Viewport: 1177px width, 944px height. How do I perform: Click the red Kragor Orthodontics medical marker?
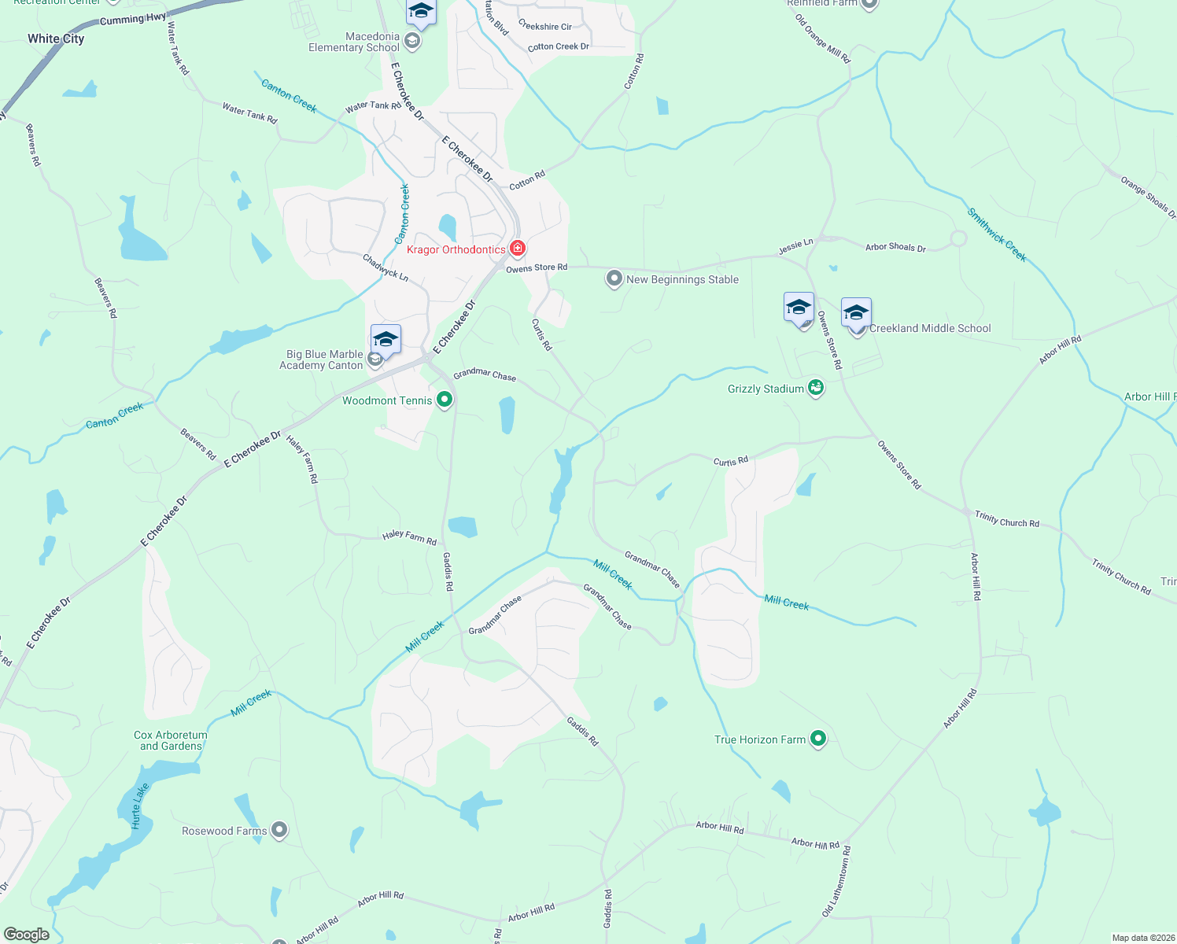coord(518,249)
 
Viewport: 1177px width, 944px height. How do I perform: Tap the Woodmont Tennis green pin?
coord(445,400)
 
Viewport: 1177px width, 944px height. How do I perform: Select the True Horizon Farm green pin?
coord(818,739)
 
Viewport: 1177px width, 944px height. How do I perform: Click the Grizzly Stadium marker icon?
coord(816,388)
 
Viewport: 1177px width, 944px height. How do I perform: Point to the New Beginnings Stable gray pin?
coord(614,278)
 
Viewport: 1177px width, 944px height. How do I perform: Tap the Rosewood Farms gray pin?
coord(279,830)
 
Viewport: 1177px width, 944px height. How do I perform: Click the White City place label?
coord(56,39)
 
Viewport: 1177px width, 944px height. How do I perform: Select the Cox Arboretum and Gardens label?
coord(171,740)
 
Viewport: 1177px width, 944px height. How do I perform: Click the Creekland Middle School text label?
coord(930,328)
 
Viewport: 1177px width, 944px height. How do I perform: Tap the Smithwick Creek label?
coord(997,234)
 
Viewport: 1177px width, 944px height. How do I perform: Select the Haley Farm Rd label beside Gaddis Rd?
coord(409,537)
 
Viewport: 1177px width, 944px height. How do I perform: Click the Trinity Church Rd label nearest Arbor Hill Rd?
coord(1007,519)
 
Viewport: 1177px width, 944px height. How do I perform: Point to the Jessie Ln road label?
coord(795,247)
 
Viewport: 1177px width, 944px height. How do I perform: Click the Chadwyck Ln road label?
coord(386,267)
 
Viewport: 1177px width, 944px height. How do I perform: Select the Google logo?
coord(27,935)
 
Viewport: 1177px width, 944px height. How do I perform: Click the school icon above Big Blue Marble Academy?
coord(386,339)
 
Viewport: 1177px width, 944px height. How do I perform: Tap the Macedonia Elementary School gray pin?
coord(412,40)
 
